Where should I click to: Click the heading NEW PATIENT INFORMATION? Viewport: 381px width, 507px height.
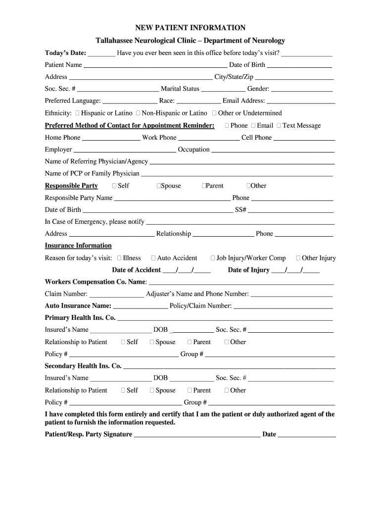coord(190,28)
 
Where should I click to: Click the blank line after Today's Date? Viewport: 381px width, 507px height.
coord(101,53)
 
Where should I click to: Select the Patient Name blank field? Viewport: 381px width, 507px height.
coord(155,65)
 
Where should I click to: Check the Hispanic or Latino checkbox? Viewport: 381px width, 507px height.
coord(78,113)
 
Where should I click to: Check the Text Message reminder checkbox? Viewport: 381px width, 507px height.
coord(279,126)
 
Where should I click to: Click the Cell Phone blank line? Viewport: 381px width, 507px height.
coord(303,138)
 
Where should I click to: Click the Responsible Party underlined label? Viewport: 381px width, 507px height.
coord(71,186)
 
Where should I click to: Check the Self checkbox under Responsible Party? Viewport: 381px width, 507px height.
coord(114,186)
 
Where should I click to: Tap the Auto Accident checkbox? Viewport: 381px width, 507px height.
coord(153,258)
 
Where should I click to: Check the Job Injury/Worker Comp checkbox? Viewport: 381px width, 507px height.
coord(213,258)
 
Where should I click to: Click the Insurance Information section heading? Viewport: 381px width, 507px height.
coord(78,246)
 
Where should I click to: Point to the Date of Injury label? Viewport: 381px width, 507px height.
coord(248,270)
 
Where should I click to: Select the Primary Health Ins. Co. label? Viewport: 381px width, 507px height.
coord(80,318)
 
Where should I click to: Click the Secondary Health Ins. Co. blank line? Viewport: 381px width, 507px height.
coord(229,367)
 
